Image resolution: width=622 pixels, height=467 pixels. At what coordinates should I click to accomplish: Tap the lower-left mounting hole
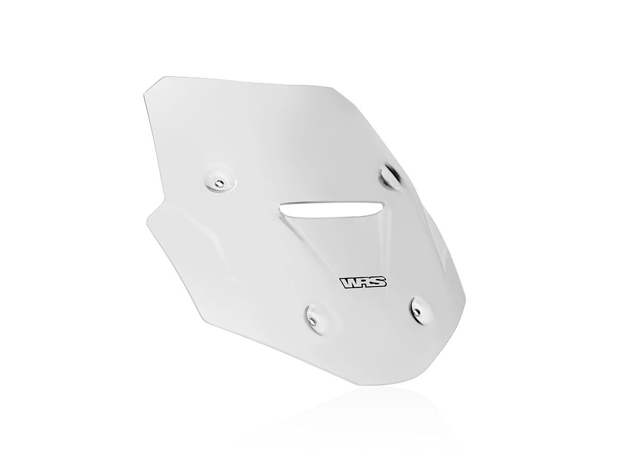313,320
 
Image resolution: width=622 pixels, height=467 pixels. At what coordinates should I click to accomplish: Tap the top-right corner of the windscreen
332,86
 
